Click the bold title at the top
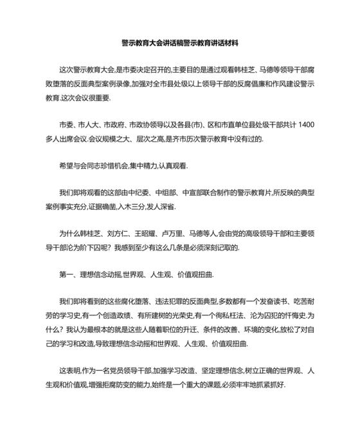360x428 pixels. [x=180, y=43]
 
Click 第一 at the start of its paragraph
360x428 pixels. [x=66, y=274]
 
